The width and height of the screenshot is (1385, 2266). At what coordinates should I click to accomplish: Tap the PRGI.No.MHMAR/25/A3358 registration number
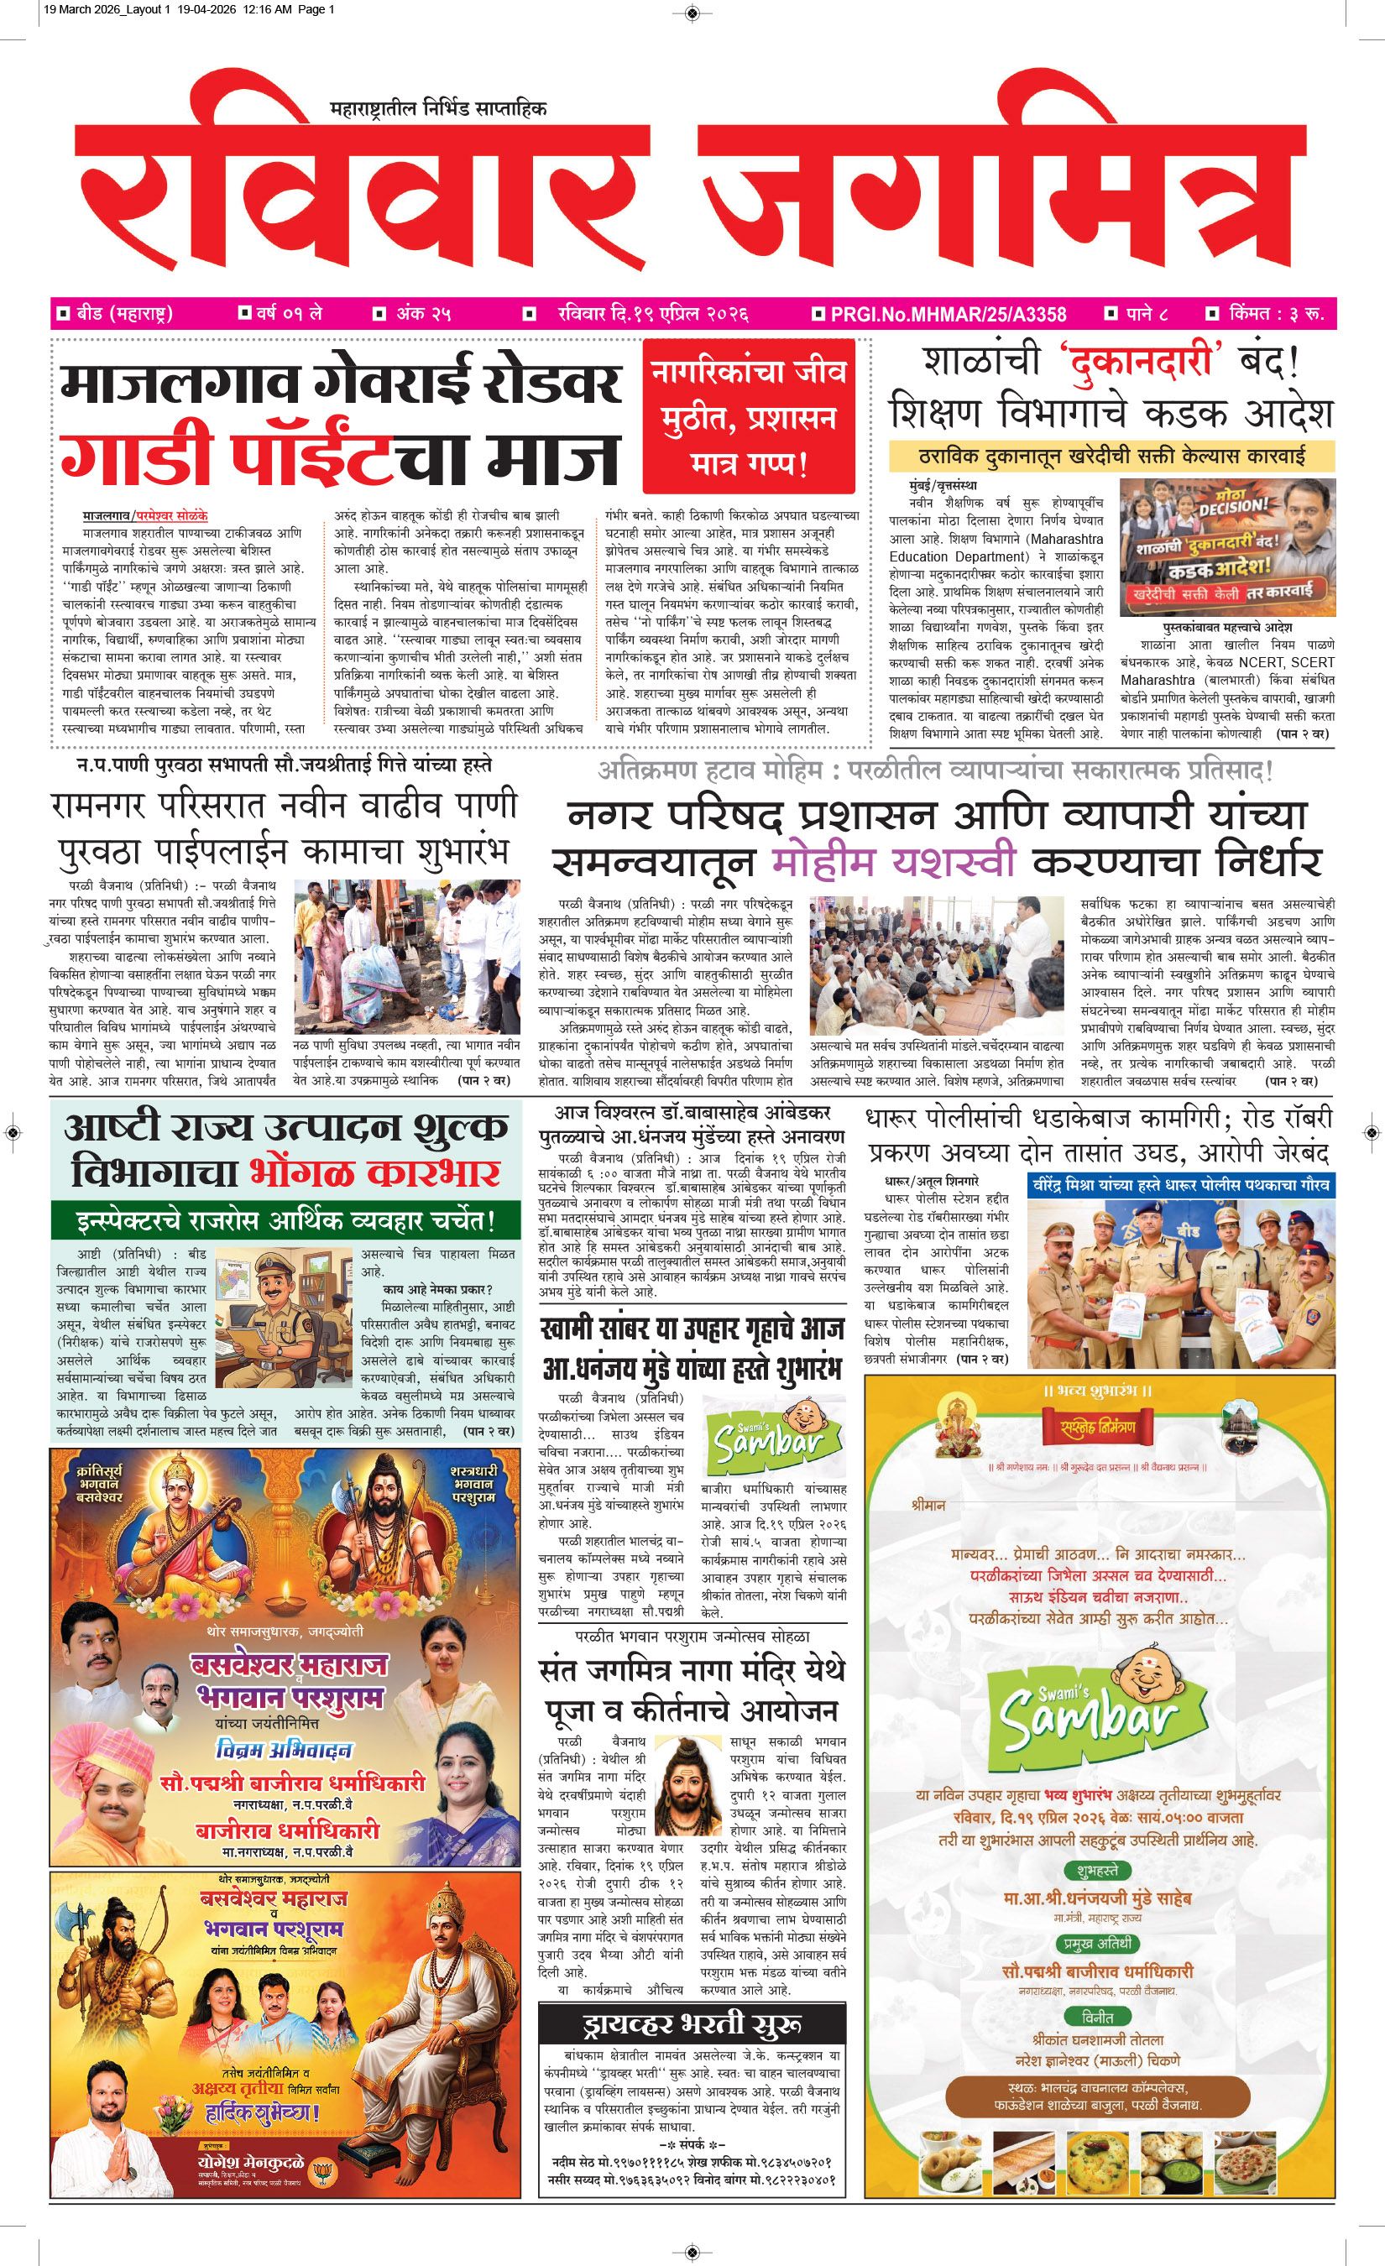pyautogui.click(x=947, y=315)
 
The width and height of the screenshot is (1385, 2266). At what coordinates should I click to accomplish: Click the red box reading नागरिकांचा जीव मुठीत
pyautogui.click(x=748, y=416)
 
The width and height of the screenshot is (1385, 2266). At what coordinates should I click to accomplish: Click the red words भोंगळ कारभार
pyautogui.click(x=374, y=1173)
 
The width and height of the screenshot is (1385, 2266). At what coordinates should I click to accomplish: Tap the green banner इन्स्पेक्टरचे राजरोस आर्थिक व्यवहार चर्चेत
pyautogui.click(x=286, y=1221)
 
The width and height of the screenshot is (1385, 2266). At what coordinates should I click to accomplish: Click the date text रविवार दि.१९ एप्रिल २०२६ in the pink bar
pyautogui.click(x=653, y=314)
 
